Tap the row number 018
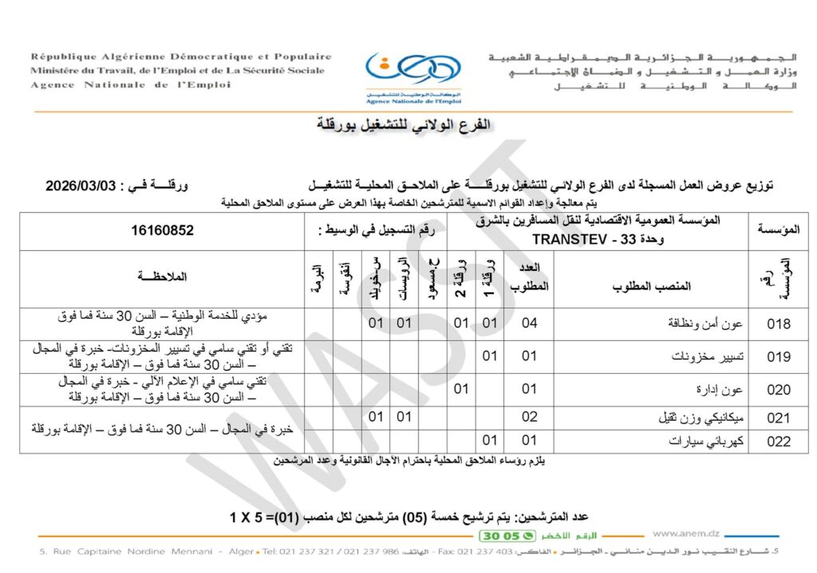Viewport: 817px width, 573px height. (x=778, y=324)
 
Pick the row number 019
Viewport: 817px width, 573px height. (x=778, y=356)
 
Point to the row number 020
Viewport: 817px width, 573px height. (x=778, y=390)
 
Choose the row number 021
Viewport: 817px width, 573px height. (x=778, y=418)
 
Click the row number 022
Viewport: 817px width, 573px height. (x=778, y=442)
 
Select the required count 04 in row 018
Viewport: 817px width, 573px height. (x=530, y=324)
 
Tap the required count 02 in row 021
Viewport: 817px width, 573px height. (x=530, y=418)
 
